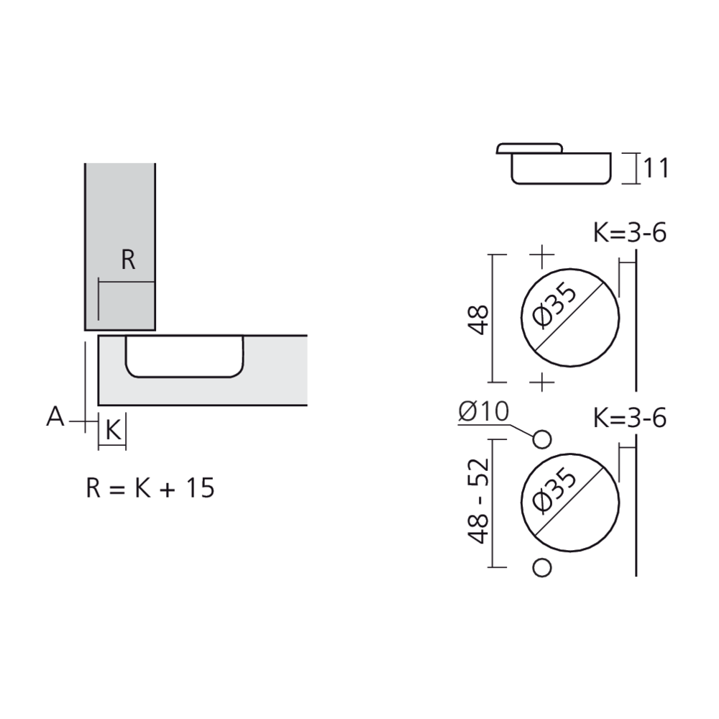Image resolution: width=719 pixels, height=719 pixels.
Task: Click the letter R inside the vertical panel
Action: [128, 260]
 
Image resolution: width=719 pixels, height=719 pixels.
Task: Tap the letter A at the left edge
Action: [55, 416]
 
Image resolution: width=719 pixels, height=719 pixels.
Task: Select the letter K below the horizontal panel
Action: [113, 431]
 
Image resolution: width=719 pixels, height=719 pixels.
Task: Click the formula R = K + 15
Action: [150, 488]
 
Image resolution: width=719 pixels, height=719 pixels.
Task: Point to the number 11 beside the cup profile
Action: [656, 168]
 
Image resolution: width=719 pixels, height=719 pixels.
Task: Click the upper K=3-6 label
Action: [630, 234]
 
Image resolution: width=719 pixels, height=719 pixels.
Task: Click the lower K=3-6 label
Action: [630, 418]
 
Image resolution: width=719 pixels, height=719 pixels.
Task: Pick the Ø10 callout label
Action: [483, 412]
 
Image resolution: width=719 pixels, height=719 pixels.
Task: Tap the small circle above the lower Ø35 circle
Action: [543, 439]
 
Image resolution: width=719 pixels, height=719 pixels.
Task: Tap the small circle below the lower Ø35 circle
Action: [543, 567]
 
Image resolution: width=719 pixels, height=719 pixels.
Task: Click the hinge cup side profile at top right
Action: [554, 164]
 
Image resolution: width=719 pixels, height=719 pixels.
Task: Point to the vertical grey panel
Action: [119, 216]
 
